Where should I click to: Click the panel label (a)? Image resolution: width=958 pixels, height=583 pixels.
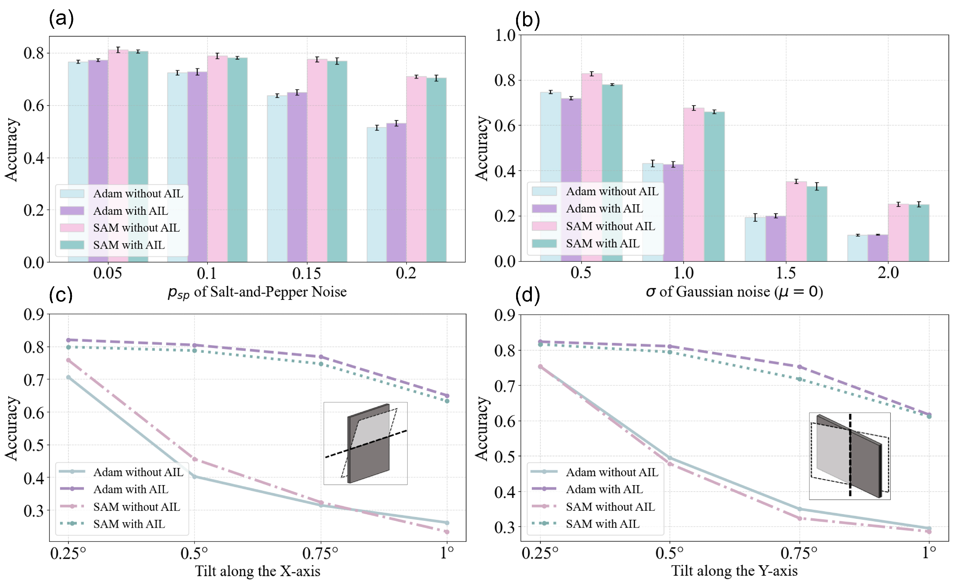tap(61, 18)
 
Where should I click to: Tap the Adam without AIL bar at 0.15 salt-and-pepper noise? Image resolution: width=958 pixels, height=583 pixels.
tap(277, 179)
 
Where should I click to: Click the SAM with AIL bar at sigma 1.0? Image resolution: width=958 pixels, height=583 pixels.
tap(714, 186)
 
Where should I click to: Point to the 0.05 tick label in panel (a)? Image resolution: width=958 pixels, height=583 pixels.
tap(107, 273)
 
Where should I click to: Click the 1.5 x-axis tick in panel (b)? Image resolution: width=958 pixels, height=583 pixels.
tap(786, 273)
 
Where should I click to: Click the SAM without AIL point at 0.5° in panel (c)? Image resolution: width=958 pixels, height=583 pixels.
tap(195, 459)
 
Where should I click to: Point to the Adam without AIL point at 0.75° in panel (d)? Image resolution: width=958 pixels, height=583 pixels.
tap(800, 509)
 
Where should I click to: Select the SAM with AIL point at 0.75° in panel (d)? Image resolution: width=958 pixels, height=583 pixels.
tap(800, 379)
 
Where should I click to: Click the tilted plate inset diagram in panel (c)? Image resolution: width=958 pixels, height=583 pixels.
tap(365, 444)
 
